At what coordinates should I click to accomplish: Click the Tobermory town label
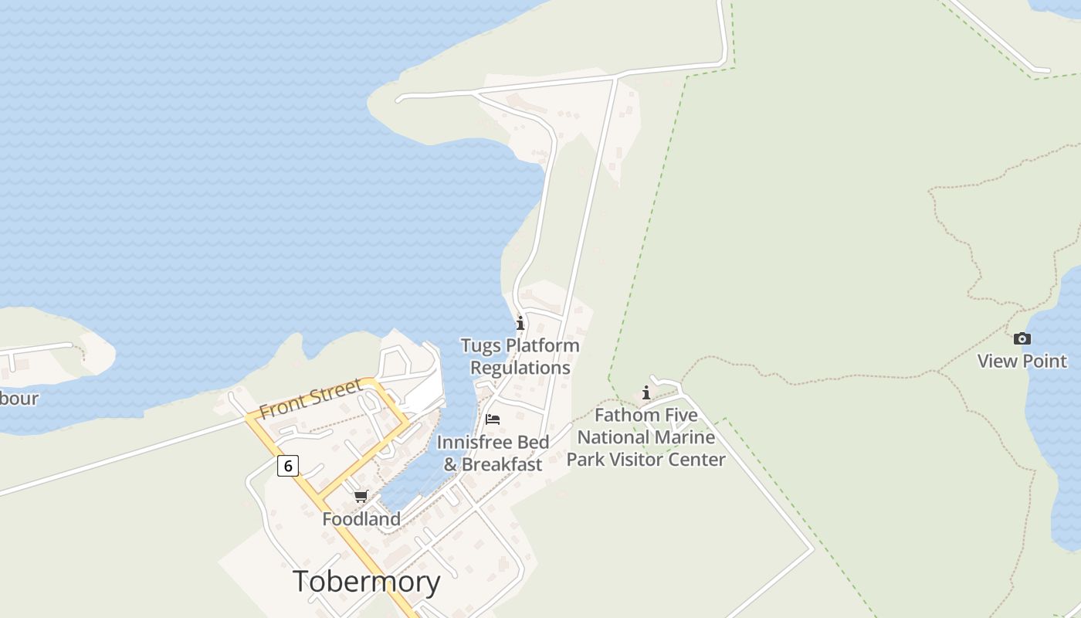(x=366, y=582)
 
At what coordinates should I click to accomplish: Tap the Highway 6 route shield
(x=288, y=465)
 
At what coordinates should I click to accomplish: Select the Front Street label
(x=310, y=399)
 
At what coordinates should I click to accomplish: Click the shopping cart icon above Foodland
(x=361, y=496)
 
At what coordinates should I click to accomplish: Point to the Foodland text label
(x=361, y=519)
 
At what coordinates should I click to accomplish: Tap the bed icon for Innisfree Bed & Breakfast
(x=493, y=419)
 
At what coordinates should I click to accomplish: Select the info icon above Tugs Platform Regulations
(x=520, y=323)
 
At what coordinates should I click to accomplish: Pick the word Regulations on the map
(x=520, y=368)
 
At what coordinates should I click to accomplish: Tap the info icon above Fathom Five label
(x=646, y=393)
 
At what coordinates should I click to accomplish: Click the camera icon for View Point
(x=1022, y=338)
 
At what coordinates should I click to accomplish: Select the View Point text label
(x=1022, y=361)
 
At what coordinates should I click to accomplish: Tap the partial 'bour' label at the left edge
(x=19, y=399)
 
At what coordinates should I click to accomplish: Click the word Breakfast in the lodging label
(x=502, y=464)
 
